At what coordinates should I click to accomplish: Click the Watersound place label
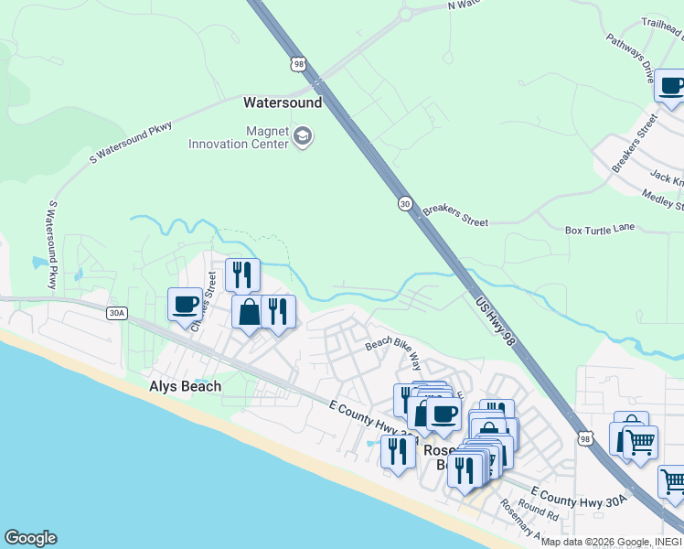click(x=283, y=102)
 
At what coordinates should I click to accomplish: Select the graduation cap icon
click(x=303, y=138)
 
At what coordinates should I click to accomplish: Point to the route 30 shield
click(x=404, y=203)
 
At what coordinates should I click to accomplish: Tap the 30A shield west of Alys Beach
click(x=116, y=313)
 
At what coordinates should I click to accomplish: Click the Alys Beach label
click(x=185, y=386)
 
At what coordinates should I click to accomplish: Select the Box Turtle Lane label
click(x=600, y=230)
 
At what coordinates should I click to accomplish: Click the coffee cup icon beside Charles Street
click(x=185, y=304)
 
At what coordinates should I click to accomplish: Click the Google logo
click(x=30, y=538)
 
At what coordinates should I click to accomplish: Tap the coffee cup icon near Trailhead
click(x=672, y=87)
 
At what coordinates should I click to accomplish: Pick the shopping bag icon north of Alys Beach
click(x=249, y=312)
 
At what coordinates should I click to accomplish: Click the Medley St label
click(x=663, y=198)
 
